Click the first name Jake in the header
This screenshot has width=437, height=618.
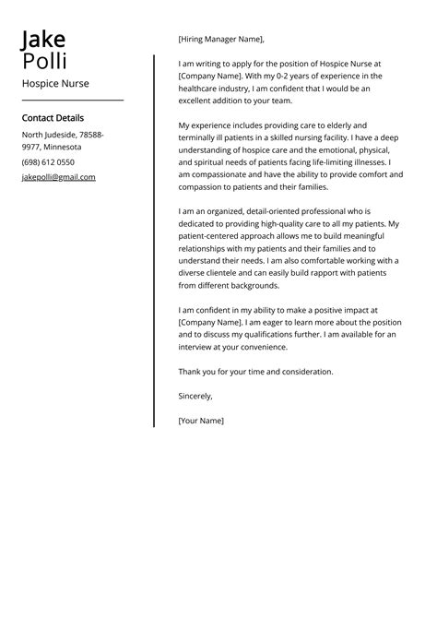coord(43,40)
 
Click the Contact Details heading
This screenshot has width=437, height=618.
coord(53,118)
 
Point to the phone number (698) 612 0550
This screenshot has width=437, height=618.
coord(48,161)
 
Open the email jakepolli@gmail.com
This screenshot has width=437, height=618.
coord(58,176)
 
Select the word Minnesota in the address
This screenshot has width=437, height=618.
coord(62,147)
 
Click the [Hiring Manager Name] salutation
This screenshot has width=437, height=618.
coord(221,40)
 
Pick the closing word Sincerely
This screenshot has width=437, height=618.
coord(195,396)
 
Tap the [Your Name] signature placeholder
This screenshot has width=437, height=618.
coord(201,421)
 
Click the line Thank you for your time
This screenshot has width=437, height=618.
coord(255,372)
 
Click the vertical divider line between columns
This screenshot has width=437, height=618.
coord(154,240)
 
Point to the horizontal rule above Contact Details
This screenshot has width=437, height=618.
coord(72,100)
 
